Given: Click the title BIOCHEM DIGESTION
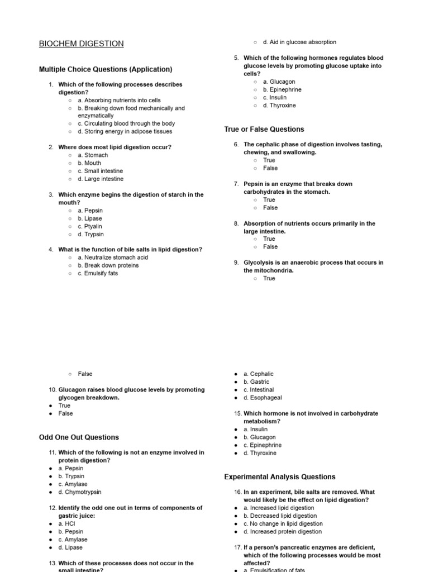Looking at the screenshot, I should point(82,44).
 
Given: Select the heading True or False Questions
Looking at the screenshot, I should point(264,129).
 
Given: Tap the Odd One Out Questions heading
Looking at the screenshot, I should point(79,437).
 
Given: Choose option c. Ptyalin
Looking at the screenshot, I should point(90,226).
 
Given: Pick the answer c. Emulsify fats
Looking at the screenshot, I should point(98,273).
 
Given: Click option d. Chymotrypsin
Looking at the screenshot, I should point(80,492).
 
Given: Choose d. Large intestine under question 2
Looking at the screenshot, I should point(101,179).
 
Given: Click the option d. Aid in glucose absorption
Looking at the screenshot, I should point(299,42).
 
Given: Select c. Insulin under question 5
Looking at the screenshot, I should point(274,97).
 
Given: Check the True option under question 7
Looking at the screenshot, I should point(269,199).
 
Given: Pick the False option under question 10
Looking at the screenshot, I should point(65,413).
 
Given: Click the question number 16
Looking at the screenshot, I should point(237,492).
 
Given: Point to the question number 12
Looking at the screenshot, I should point(53,508).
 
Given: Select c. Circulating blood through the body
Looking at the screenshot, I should point(126,123).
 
